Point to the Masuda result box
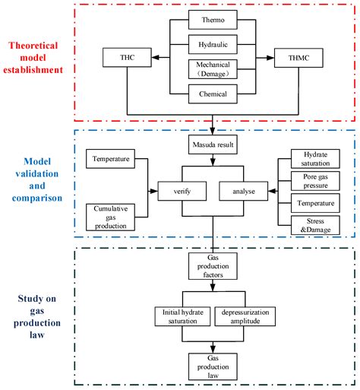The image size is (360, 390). [x=213, y=142]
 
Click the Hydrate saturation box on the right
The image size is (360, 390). [x=314, y=159]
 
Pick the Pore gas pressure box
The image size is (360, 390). [x=314, y=181]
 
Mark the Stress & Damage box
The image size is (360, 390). [x=314, y=225]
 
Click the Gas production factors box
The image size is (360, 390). [x=213, y=268]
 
